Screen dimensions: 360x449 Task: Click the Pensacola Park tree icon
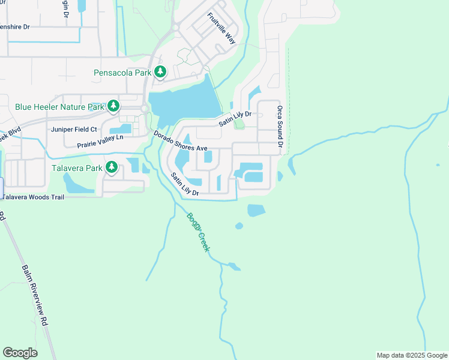[160, 73]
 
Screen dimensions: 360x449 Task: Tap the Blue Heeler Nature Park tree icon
[113, 107]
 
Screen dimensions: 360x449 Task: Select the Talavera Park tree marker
[111, 167]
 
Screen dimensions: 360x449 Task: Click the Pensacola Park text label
[122, 73]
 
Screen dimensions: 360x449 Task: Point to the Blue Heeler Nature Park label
[59, 107]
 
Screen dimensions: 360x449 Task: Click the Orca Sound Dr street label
[280, 127]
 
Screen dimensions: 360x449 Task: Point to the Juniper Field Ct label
[74, 129]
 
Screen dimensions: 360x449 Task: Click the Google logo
[20, 353]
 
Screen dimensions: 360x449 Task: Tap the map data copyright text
[412, 355]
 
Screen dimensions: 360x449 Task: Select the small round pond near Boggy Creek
[239, 226]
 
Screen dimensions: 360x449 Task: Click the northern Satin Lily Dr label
[234, 118]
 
